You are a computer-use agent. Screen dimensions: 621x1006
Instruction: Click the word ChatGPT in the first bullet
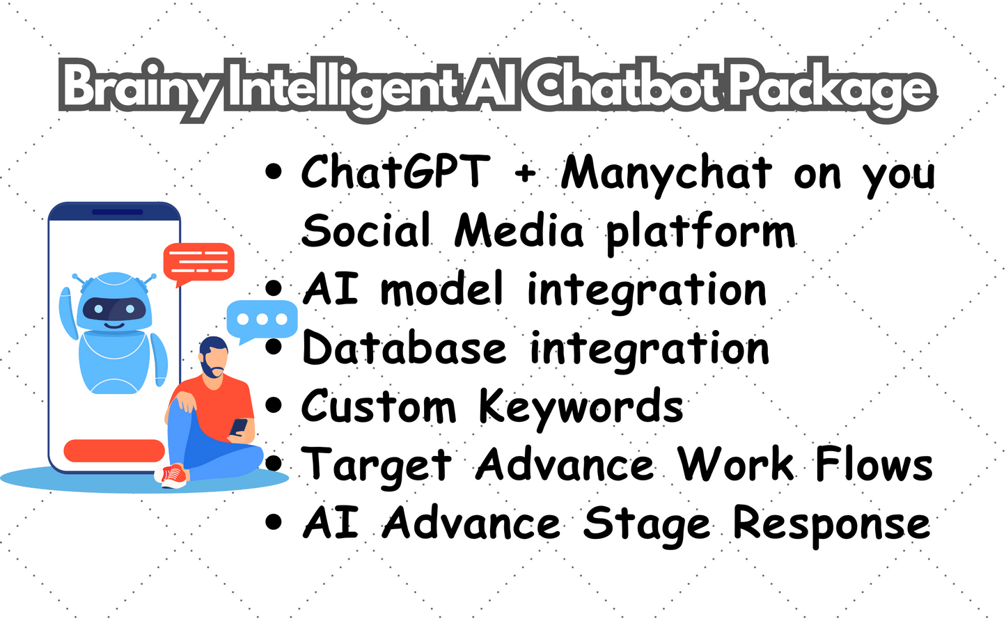[395, 171]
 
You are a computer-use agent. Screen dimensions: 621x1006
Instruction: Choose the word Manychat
[666, 173]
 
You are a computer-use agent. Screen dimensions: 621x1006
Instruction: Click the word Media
[519, 230]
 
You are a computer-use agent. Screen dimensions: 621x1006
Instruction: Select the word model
[441, 289]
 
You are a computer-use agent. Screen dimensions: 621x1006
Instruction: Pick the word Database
[404, 347]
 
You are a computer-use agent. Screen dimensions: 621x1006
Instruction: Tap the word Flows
[874, 464]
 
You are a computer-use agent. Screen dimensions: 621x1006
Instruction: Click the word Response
[831, 524]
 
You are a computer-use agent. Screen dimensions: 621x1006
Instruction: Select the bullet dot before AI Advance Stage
[274, 523]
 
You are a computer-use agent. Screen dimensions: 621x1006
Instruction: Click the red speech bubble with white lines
[198, 262]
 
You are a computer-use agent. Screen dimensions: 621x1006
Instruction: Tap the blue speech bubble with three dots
[262, 320]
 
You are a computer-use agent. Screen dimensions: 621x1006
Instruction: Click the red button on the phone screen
[113, 450]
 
